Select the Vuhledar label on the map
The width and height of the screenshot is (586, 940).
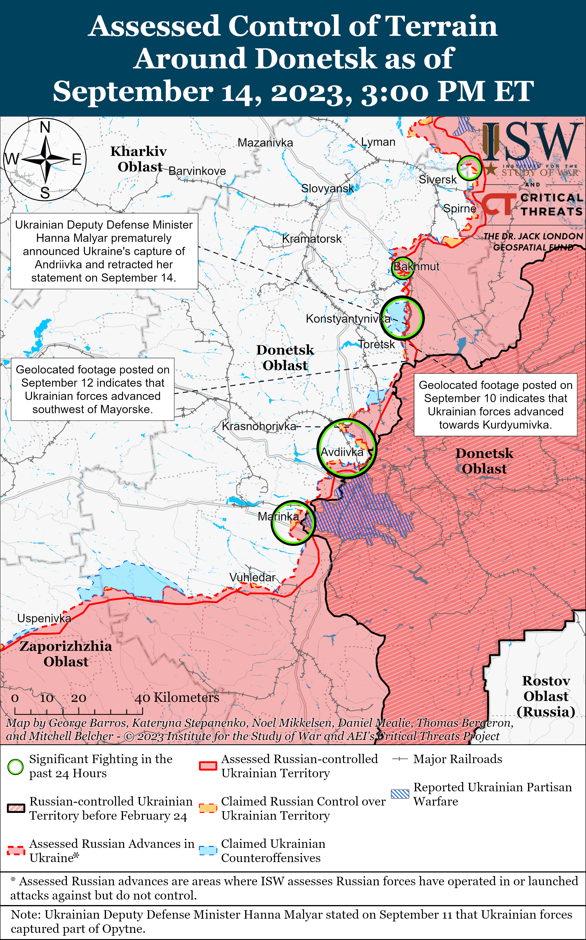(252, 577)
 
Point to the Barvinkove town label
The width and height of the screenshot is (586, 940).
(197, 171)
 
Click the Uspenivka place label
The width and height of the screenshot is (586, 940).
(44, 618)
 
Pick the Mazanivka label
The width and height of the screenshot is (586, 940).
(265, 143)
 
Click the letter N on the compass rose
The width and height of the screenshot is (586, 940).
(45, 127)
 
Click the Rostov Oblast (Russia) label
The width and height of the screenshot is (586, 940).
(546, 696)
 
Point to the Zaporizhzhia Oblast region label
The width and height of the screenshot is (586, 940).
(66, 654)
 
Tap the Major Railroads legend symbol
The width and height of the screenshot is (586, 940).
(400, 759)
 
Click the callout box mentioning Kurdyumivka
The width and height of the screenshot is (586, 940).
(495, 405)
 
